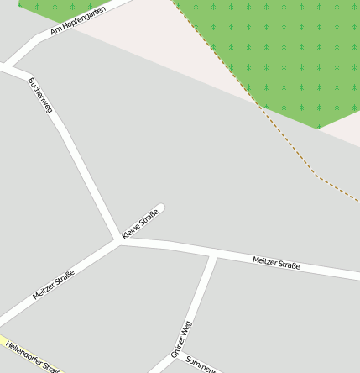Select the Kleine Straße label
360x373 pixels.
pyautogui.click(x=140, y=223)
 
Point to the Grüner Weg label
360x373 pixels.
pyautogui.click(x=182, y=339)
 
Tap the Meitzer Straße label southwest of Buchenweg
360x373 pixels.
pyautogui.click(x=54, y=285)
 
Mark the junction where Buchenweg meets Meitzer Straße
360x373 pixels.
pyautogui.click(x=118, y=239)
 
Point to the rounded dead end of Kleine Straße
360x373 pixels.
pyautogui.click(x=161, y=207)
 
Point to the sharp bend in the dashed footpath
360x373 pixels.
pyautogui.click(x=317, y=176)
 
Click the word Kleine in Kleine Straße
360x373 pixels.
pyautogui.click(x=131, y=231)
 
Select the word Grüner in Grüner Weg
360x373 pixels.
pyautogui.click(x=179, y=347)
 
